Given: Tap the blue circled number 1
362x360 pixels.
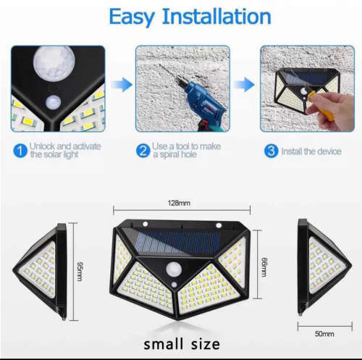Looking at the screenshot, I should click(20, 151).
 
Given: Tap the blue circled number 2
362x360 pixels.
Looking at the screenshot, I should click(144, 151).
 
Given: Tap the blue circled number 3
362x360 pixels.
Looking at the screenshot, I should click(269, 151).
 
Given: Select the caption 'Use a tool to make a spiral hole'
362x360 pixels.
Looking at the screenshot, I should click(187, 151).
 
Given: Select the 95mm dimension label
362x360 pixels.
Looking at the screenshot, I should click(80, 269).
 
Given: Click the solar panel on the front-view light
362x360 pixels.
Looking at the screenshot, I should click(181, 241).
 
